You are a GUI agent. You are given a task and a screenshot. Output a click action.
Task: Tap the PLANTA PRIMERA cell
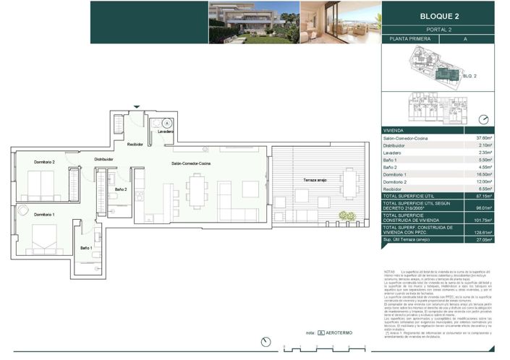[x=410, y=39]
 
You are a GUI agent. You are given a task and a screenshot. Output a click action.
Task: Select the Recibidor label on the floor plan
[x=136, y=145]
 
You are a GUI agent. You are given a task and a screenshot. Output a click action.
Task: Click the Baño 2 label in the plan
[x=121, y=189]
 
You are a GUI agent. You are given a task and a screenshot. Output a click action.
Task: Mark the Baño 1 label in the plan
[x=86, y=248]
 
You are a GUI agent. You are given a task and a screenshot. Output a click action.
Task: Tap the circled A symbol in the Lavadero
[x=166, y=123]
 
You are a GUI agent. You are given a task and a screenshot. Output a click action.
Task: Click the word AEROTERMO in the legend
[x=340, y=333]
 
